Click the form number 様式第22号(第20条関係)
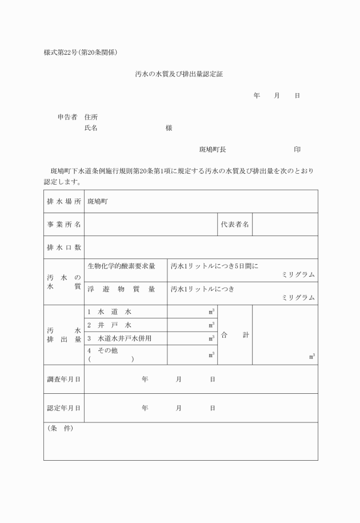pyautogui.click(x=81, y=53)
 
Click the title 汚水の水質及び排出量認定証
pyautogui.click(x=180, y=74)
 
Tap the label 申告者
pyautogui.click(x=67, y=117)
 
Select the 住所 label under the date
pyautogui.click(x=91, y=117)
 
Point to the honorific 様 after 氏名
pyautogui.click(x=169, y=128)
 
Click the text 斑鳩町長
pyautogui.click(x=213, y=149)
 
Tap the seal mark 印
pyautogui.click(x=297, y=149)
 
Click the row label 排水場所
pyautogui.click(x=63, y=202)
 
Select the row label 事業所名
pyautogui.click(x=63, y=225)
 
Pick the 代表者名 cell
pyautogui.click(x=235, y=225)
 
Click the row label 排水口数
pyautogui.click(x=63, y=247)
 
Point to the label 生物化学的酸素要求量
pyautogui.click(x=122, y=266)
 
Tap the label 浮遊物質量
pyautogui.click(x=122, y=289)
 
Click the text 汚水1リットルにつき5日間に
pyautogui.click(x=215, y=266)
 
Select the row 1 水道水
pyautogui.click(x=110, y=312)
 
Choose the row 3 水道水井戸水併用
pyautogui.click(x=120, y=338)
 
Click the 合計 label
pyautogui.click(x=235, y=335)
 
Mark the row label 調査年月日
pyautogui.click(x=63, y=379)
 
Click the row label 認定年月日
pyautogui.click(x=63, y=408)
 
